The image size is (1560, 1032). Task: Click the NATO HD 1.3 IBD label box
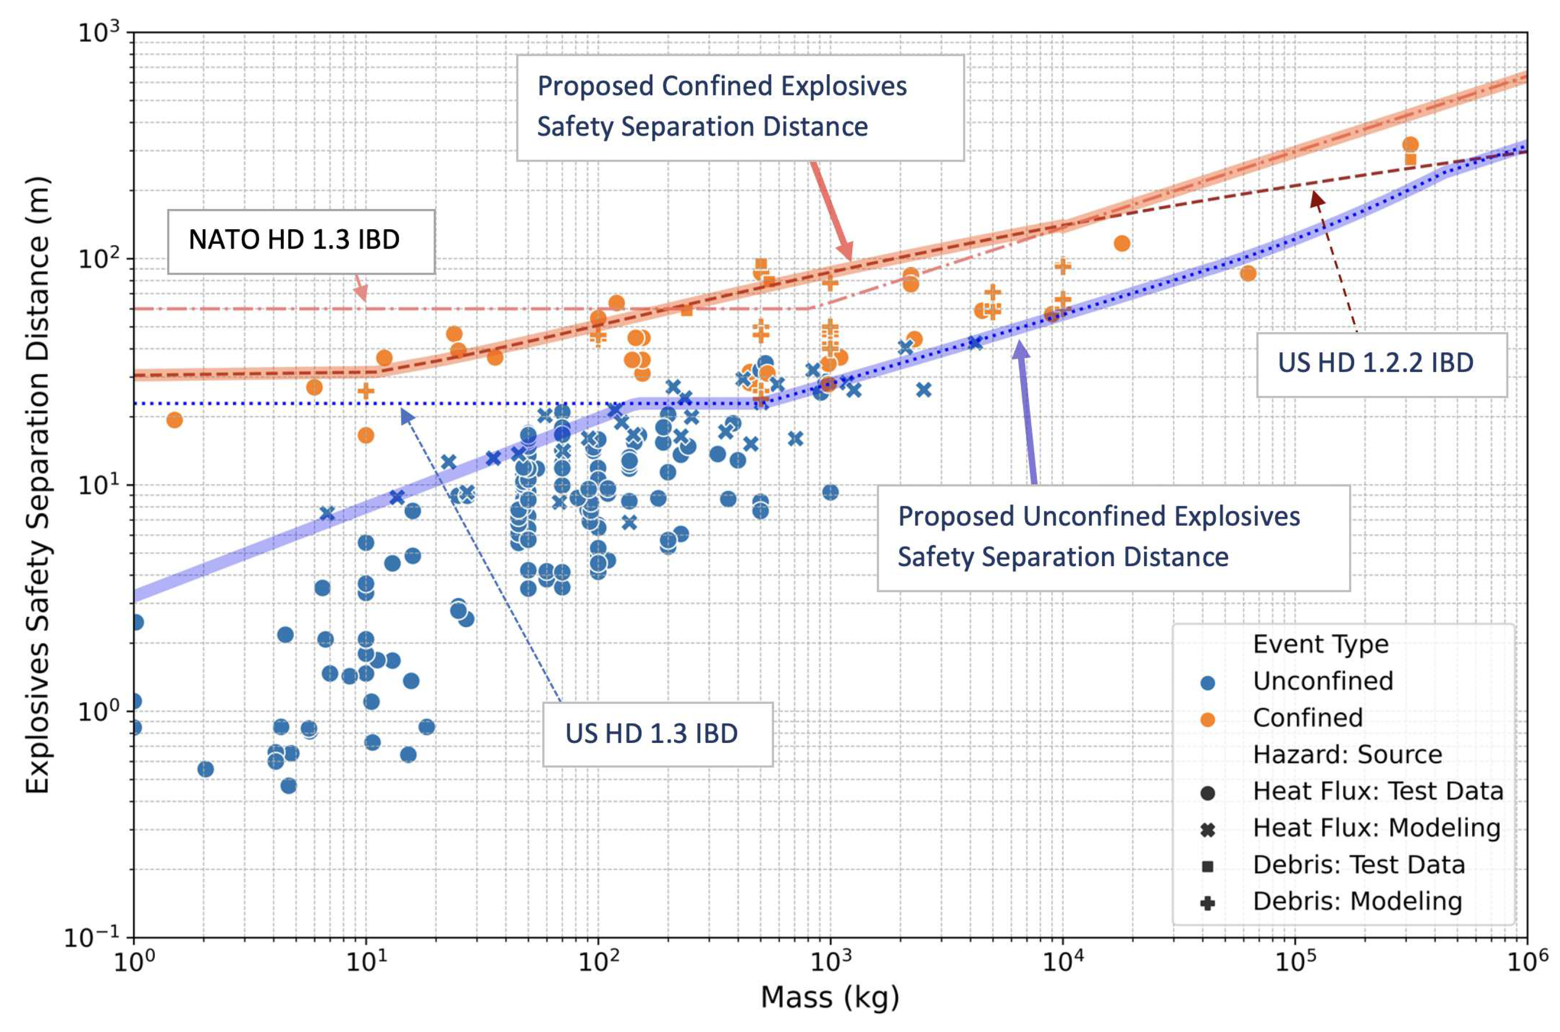300,241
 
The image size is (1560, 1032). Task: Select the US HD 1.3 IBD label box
657,734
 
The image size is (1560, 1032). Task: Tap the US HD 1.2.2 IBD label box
1381,364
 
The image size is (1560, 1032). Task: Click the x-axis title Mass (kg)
829,997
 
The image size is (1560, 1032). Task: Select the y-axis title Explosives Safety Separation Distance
38,485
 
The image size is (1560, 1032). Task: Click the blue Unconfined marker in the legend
1207,683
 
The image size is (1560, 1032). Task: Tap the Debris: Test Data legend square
1207,866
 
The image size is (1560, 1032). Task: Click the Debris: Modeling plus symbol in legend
1207,903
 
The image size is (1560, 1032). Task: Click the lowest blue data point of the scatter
288,786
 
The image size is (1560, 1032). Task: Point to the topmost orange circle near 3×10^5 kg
1409,145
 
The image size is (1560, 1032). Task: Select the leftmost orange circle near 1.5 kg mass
174,420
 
